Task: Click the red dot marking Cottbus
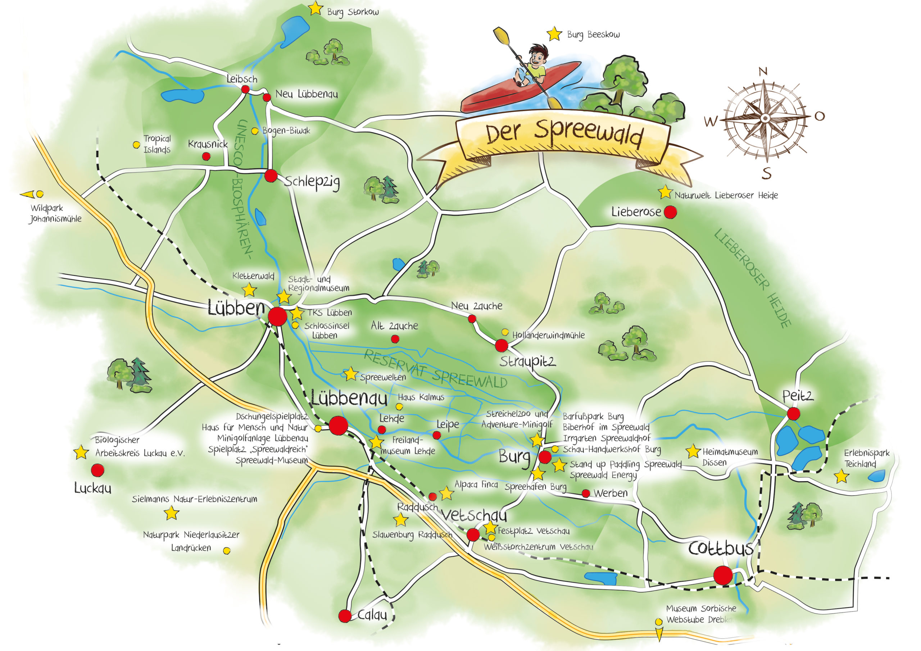click(x=723, y=575)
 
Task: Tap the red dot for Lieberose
click(x=670, y=212)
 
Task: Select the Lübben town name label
click(x=236, y=308)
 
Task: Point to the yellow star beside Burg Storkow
click(x=316, y=8)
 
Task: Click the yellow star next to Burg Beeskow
click(x=554, y=34)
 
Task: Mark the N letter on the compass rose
click(x=763, y=72)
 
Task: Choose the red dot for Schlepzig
click(x=271, y=175)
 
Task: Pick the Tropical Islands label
click(x=157, y=144)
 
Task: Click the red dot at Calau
click(x=345, y=616)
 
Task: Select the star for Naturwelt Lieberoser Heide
click(x=665, y=192)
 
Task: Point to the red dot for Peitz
click(x=793, y=414)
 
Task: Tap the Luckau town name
click(x=93, y=488)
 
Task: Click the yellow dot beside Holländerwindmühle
click(x=505, y=332)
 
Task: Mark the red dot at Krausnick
click(x=206, y=156)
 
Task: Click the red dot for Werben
click(x=586, y=493)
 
